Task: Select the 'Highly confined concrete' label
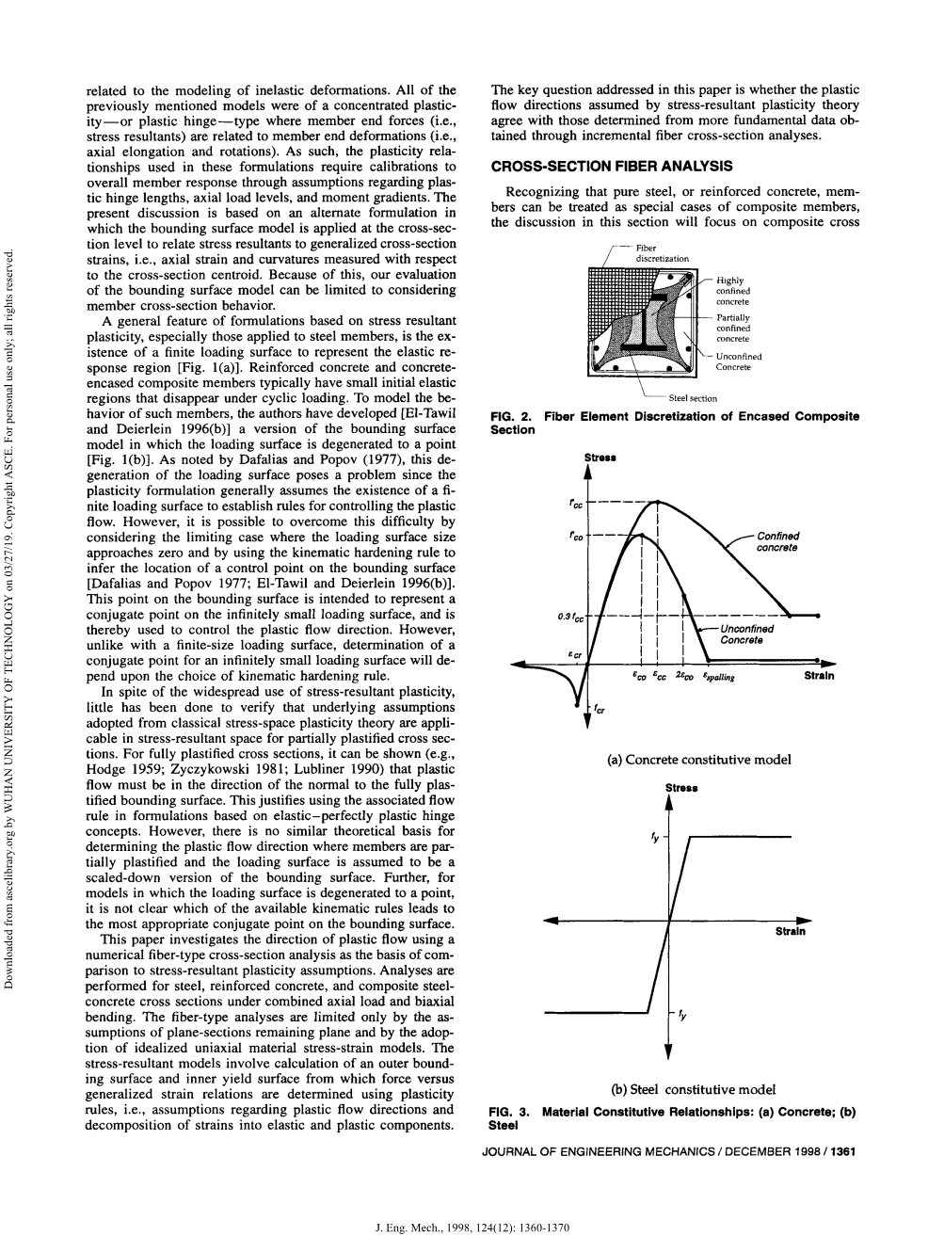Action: pos(733,291)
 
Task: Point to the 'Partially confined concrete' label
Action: pos(733,328)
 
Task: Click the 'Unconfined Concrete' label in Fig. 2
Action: pos(739,361)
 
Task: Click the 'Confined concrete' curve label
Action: pos(778,542)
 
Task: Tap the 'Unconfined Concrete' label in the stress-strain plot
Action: pos(746,634)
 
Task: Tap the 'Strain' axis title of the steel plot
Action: pos(790,932)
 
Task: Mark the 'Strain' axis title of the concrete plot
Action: pos(819,675)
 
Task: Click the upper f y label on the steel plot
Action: pos(654,836)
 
